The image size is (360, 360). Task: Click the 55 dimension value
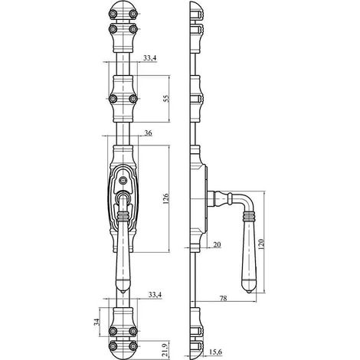coord(166,98)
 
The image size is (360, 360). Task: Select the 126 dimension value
coord(165,198)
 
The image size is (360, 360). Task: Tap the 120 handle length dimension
coord(261,244)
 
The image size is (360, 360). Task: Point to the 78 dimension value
coord(224,298)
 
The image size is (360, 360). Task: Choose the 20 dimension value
coord(217,245)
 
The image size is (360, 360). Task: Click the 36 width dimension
coord(149,133)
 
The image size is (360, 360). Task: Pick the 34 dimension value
coord(97,322)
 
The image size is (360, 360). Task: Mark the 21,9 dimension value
coord(165,350)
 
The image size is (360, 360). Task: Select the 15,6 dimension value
coord(215,352)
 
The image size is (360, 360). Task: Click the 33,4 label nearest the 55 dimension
coord(150,58)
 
